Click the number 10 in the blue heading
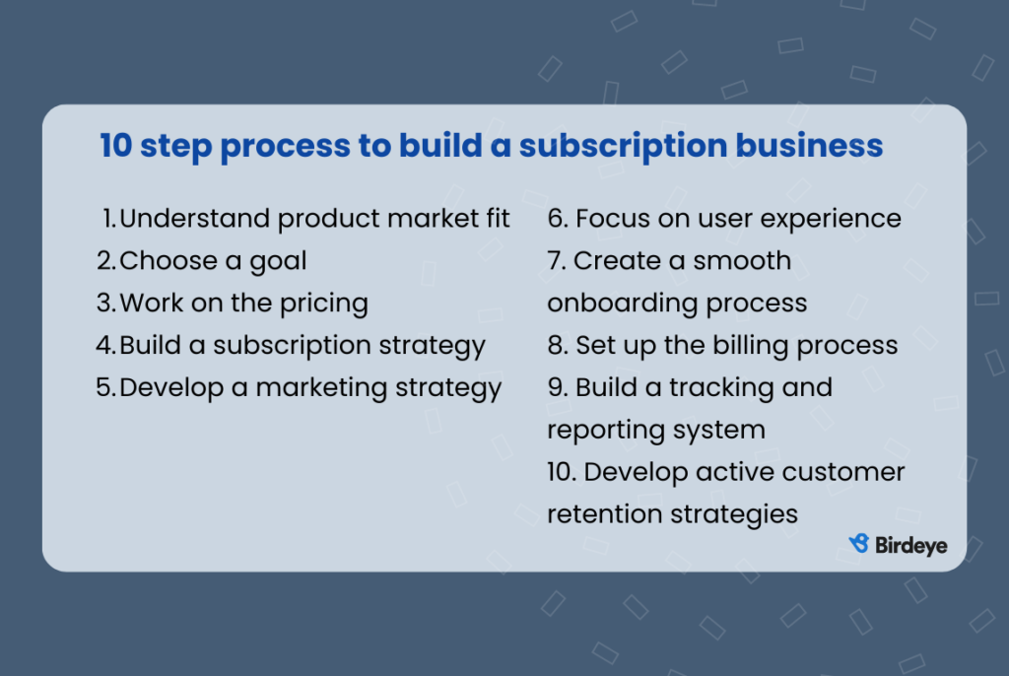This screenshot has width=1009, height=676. tap(116, 145)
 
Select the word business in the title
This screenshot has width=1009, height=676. tap(810, 145)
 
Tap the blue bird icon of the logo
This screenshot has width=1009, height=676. tap(858, 543)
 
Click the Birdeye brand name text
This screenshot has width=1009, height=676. tap(911, 545)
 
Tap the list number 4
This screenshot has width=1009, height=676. tap(104, 345)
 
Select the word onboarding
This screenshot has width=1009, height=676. tap(623, 304)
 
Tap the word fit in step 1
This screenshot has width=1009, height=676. tap(498, 218)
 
